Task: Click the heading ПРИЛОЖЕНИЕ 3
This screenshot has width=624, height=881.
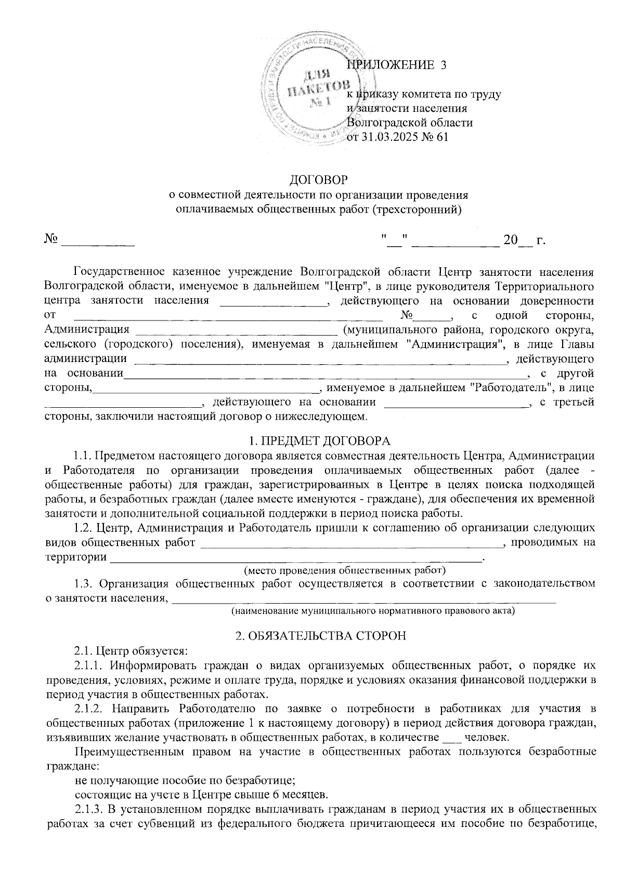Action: (396, 65)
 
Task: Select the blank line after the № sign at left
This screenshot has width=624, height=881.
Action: (98, 241)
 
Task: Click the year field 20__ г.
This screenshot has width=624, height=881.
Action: (523, 241)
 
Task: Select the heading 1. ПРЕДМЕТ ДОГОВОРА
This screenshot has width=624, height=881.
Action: (319, 441)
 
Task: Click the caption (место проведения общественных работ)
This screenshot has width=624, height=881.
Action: (345, 570)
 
